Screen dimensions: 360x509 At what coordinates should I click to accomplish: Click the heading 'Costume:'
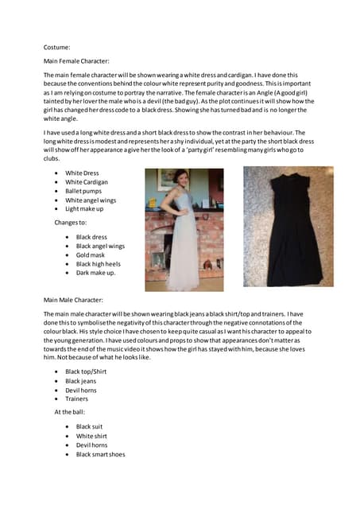(x=56, y=47)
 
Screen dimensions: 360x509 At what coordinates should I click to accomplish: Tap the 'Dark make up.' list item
(x=95, y=273)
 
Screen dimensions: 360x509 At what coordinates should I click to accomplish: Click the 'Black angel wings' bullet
(x=100, y=247)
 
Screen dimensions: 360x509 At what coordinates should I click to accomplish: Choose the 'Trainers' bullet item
(x=76, y=398)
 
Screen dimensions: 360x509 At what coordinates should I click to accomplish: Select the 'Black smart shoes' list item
(x=100, y=454)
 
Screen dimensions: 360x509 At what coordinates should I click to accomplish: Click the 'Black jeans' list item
(x=81, y=381)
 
